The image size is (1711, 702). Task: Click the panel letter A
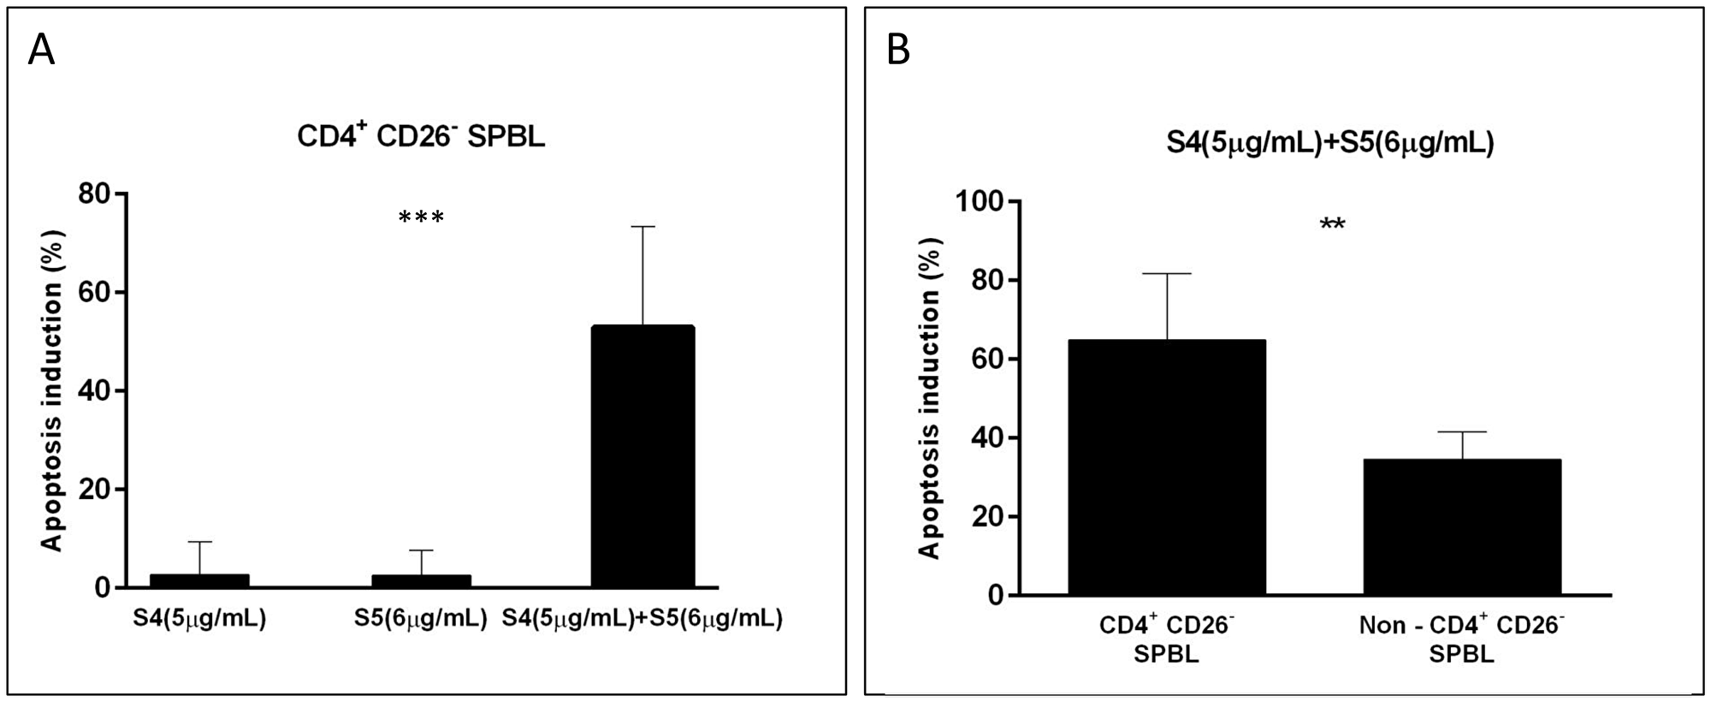click(41, 51)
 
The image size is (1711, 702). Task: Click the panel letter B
click(898, 51)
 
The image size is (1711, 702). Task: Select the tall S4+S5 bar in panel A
click(642, 457)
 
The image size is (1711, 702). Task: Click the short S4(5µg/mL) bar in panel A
click(199, 581)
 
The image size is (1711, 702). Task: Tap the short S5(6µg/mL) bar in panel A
click(421, 581)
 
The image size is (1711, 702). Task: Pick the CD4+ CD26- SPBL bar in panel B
click(1167, 467)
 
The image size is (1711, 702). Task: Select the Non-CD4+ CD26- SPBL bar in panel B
click(1462, 527)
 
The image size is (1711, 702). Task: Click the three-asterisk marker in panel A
click(421, 218)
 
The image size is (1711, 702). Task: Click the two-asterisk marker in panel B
click(1332, 225)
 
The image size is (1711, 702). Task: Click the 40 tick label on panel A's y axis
click(94, 391)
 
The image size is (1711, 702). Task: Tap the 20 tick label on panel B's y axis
click(988, 517)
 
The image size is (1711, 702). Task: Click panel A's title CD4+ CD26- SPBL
click(421, 136)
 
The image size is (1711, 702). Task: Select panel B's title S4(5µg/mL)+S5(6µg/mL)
click(1329, 142)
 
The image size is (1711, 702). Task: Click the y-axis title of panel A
click(53, 390)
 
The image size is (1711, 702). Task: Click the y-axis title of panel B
click(929, 398)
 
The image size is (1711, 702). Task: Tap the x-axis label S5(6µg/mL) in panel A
click(420, 618)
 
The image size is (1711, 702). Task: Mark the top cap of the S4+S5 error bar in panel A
click(642, 227)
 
